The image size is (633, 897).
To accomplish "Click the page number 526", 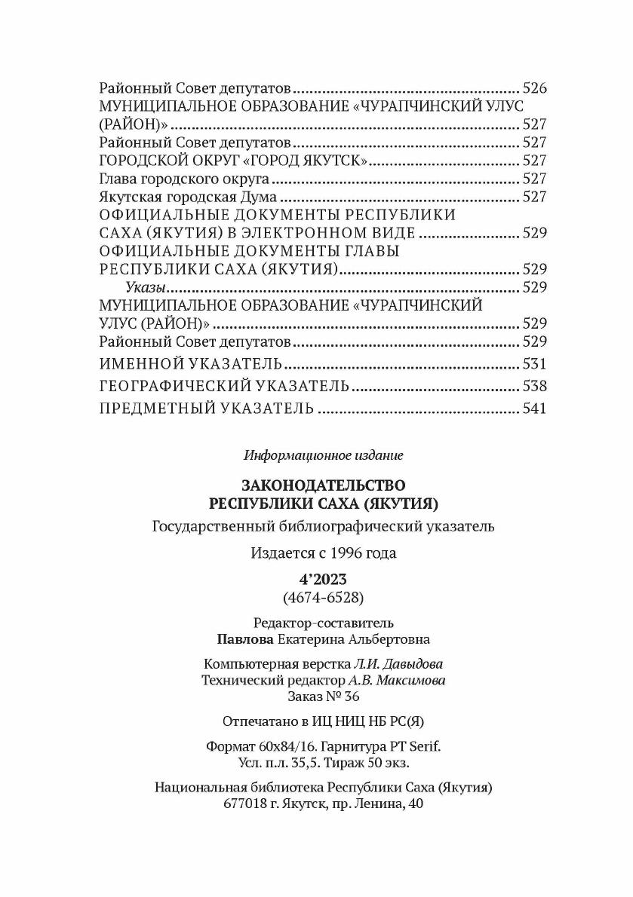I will (533, 87).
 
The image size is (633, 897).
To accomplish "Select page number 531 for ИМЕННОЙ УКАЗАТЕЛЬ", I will (533, 365).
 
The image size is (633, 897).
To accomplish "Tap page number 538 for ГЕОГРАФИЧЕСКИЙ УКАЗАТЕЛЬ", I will (533, 387).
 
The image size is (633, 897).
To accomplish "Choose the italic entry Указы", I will (145, 287).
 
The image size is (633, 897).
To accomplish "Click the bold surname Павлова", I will (244, 639).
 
